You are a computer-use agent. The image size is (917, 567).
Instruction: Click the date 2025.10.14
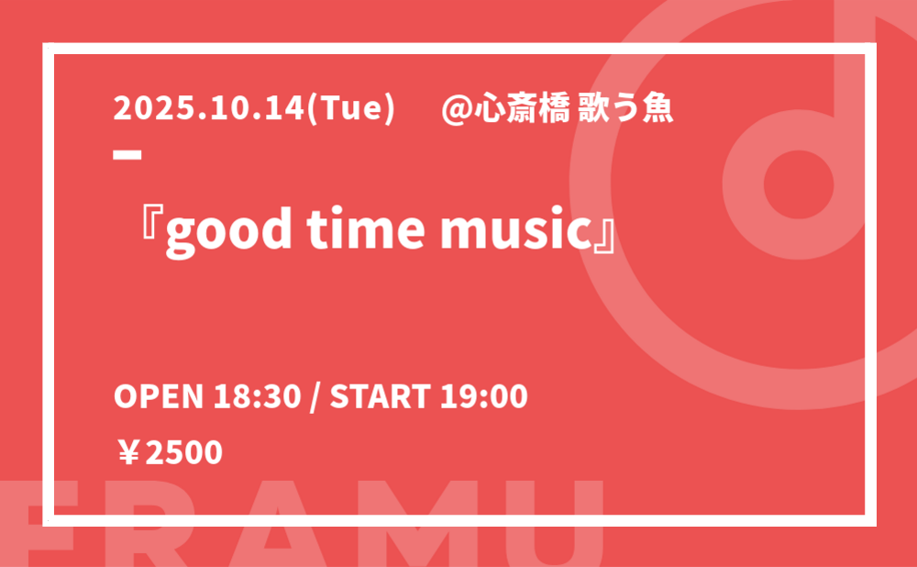coord(209,108)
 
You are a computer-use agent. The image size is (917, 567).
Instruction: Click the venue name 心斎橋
coord(522,109)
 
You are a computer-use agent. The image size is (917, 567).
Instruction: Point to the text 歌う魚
coord(625,109)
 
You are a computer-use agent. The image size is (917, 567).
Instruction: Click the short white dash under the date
coord(127,155)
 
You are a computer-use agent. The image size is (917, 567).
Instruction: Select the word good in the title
coord(228,230)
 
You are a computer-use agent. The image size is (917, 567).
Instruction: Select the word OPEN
coord(158,396)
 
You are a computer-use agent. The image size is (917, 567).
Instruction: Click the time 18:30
coord(257,396)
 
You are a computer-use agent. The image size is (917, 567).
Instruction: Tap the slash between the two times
coord(315,397)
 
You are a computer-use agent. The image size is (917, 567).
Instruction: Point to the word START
coord(381,396)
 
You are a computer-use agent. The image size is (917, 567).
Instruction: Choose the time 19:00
coord(483,396)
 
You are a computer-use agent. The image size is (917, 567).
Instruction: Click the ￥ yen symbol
coord(127,453)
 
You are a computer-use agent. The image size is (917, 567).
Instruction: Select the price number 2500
coord(183,453)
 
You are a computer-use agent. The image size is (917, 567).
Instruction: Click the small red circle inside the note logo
coord(799,184)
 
